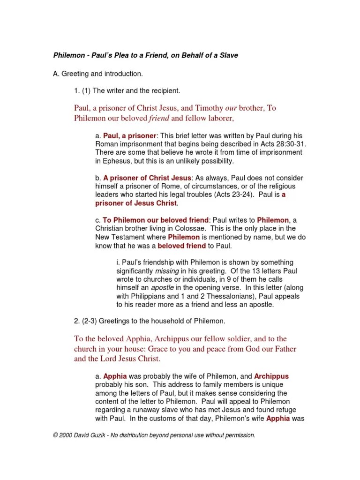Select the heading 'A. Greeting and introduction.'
click(x=98, y=74)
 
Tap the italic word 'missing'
click(x=166, y=271)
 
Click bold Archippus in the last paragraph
click(x=271, y=376)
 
